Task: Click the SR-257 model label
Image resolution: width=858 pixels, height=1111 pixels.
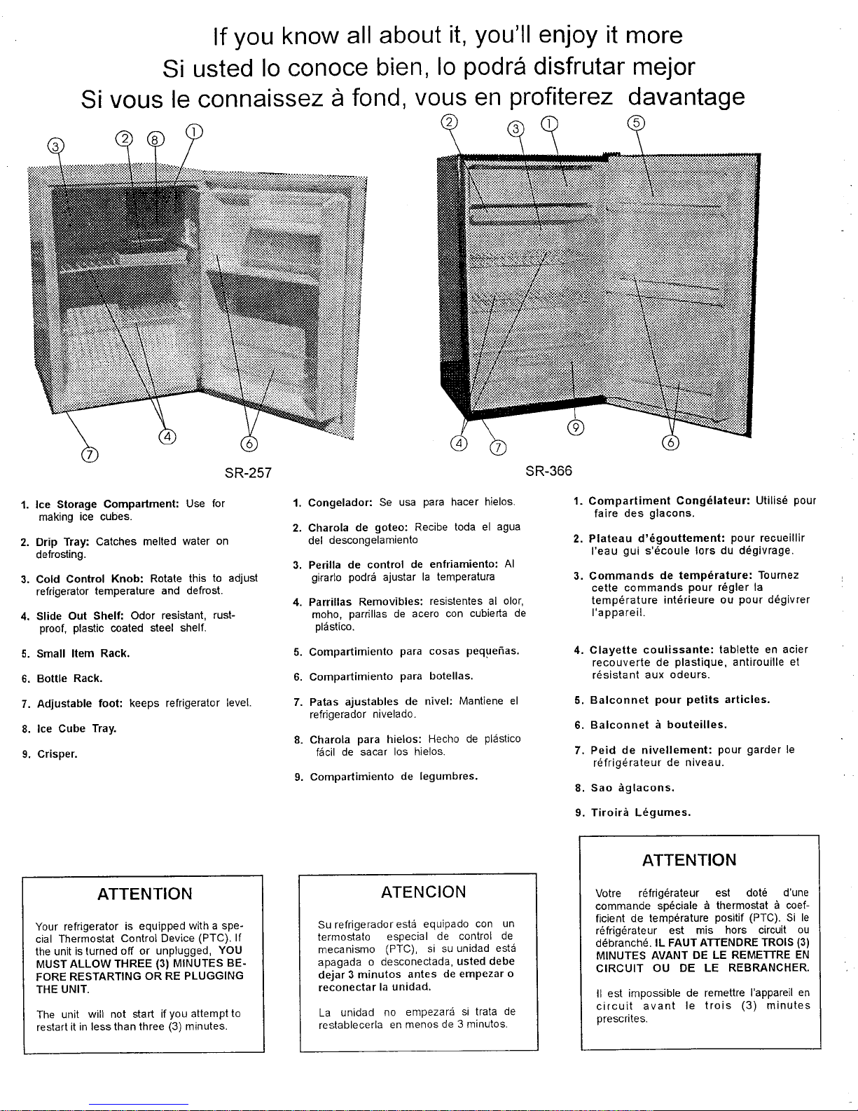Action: click(247, 471)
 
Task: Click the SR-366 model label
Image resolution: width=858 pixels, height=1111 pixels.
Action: click(549, 471)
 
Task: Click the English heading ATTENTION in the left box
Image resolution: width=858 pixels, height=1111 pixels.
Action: click(144, 894)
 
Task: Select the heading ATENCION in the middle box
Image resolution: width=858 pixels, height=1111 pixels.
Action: click(423, 892)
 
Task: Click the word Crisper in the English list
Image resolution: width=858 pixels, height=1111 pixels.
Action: click(57, 754)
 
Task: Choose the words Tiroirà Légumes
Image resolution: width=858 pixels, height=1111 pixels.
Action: click(640, 813)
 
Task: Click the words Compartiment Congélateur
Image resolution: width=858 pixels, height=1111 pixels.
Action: click(670, 501)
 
